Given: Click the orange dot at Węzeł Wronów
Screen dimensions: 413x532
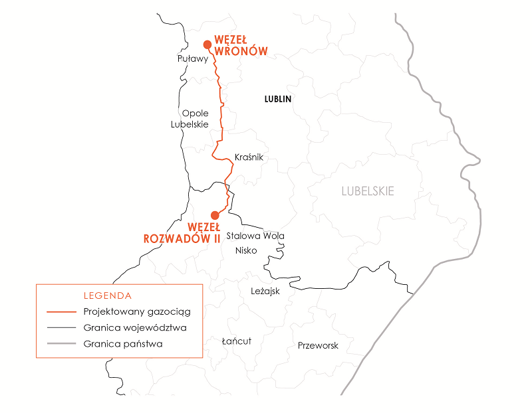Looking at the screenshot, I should pos(207,44).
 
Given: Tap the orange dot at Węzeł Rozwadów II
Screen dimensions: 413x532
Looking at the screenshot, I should pos(215,215).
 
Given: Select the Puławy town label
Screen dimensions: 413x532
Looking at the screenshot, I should pos(193,59).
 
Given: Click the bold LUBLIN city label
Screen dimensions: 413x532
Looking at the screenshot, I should pos(278,99).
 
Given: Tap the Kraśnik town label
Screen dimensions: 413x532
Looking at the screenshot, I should pos(249,157).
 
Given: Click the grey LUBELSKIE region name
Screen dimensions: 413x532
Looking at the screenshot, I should pos(368,191).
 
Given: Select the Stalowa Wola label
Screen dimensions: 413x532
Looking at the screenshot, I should pos(255,236).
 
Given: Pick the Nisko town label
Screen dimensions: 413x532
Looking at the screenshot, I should pos(246,250).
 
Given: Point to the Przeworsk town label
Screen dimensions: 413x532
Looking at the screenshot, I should pos(318,345).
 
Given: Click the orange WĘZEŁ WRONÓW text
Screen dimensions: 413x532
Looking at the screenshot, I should pos(241,45).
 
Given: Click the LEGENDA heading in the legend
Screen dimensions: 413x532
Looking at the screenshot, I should pos(108,295).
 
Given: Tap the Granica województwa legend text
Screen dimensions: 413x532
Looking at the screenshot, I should pos(135,328).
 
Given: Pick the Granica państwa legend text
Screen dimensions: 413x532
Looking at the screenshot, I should pos(123,344).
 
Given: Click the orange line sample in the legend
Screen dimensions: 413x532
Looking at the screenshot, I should pos(60,311).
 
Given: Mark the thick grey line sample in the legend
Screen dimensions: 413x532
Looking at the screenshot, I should pos(60,344).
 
